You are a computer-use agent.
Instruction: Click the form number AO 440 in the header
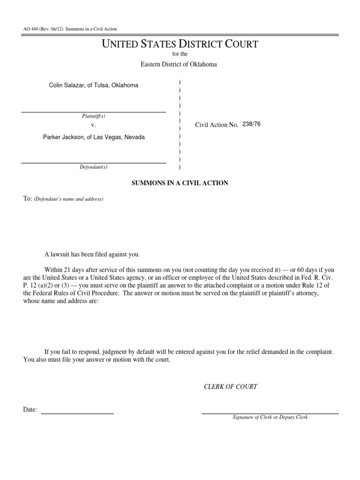tap(30, 29)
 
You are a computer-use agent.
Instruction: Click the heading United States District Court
tap(180, 45)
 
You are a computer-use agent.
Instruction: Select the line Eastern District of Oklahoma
tap(179, 64)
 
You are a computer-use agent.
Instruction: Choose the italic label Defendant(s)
tap(94, 167)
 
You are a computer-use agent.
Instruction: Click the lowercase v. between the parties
tap(93, 126)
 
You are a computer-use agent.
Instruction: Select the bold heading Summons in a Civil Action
tap(180, 183)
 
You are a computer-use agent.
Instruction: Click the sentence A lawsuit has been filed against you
tap(92, 255)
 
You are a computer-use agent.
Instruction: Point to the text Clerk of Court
tap(230, 387)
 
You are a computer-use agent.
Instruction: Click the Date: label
tap(30, 410)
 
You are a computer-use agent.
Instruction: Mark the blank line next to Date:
tap(77, 413)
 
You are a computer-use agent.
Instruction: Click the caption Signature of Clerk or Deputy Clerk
tap(270, 417)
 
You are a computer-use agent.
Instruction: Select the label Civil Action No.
tap(217, 125)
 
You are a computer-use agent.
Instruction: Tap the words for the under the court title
tap(180, 54)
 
